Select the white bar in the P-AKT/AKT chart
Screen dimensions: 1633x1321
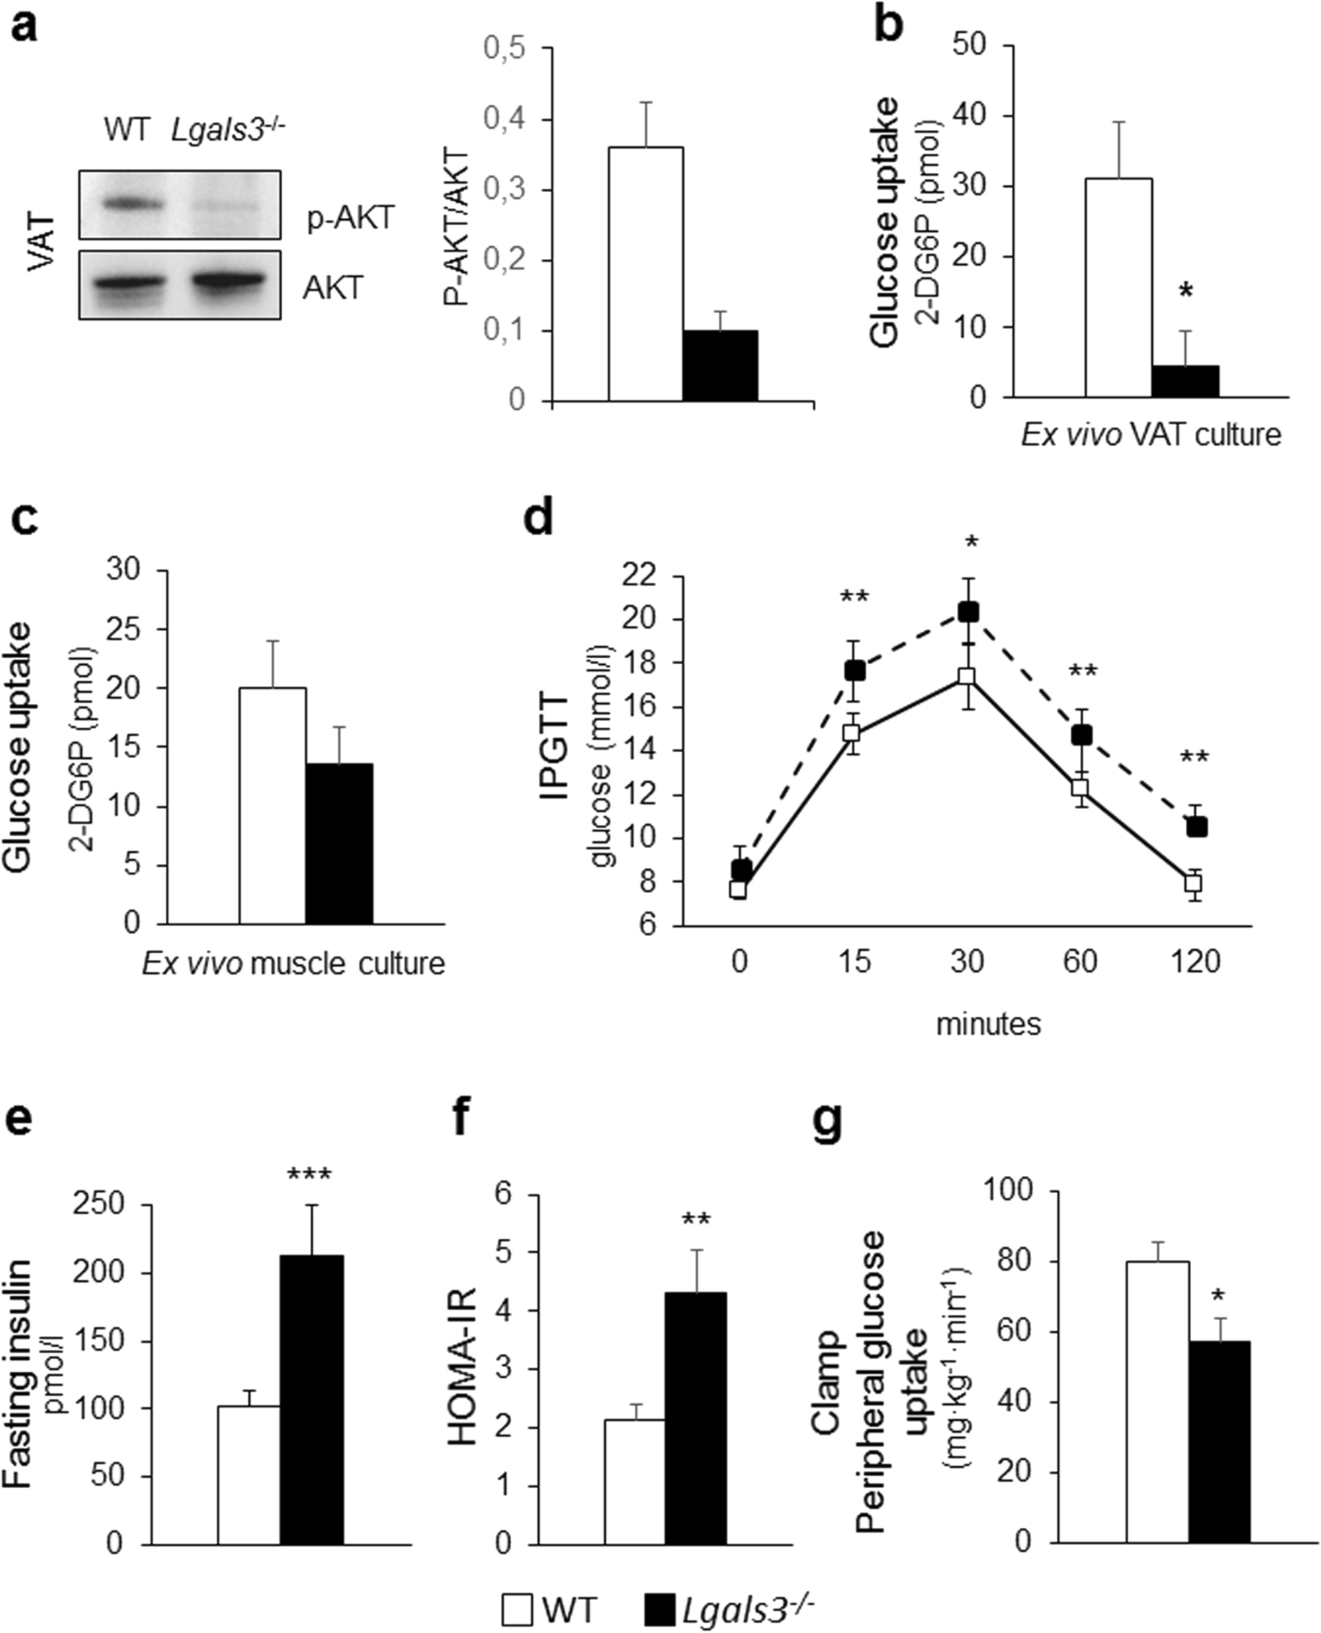(x=645, y=274)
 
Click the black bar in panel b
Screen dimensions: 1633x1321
(x=1185, y=381)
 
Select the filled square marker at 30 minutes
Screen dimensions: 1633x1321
(x=968, y=612)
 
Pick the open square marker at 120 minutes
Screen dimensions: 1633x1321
(x=1193, y=883)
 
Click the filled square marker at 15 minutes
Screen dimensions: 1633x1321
(x=855, y=670)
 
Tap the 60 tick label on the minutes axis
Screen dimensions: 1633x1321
(x=1080, y=962)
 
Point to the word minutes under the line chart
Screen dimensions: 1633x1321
(x=988, y=1024)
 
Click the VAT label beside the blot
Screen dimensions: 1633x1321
(x=43, y=243)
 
